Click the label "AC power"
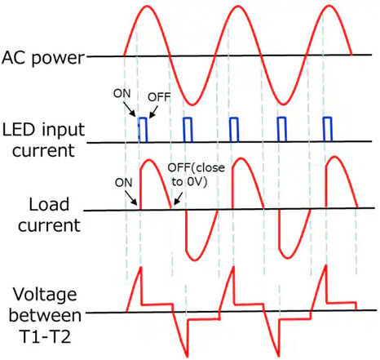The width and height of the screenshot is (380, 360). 43,58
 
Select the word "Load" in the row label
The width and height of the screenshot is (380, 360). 49,204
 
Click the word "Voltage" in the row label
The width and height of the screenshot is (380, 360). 45,296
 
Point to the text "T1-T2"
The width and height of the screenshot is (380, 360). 46,336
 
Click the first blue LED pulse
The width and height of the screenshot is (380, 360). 143,130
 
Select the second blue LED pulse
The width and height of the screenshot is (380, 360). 188,130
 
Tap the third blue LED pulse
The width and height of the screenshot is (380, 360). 234,130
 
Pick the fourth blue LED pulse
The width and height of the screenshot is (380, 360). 281,130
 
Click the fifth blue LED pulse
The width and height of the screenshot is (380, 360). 328,130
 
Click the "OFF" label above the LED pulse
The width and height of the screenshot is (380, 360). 159,97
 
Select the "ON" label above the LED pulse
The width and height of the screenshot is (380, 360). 122,94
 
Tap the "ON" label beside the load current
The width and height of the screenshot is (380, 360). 124,183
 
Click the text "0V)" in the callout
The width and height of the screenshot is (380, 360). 197,181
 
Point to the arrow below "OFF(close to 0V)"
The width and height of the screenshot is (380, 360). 178,198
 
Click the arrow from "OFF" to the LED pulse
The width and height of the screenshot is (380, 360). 153,112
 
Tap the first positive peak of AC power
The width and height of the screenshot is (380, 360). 147,6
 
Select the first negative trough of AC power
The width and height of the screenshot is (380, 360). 192,104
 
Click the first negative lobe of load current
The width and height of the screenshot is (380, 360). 201,236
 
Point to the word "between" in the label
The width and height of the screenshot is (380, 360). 45,316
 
